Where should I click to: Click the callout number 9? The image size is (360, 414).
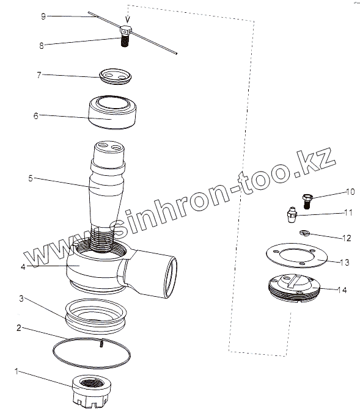(x=43, y=16)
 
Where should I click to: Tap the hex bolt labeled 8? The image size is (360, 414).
(x=125, y=36)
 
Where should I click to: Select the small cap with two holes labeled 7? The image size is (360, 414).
(x=116, y=76)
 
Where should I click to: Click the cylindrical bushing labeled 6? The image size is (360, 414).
(x=112, y=112)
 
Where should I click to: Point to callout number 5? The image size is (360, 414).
(x=31, y=178)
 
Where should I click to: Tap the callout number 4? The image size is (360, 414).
(x=23, y=267)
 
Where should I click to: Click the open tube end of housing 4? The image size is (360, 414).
(x=171, y=277)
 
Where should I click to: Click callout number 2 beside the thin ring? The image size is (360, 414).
(x=18, y=328)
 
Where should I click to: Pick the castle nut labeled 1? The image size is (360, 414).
(x=92, y=391)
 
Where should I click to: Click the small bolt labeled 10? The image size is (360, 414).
(x=307, y=201)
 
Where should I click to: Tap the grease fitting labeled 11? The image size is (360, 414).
(x=292, y=216)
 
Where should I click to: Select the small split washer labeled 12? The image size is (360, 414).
(x=304, y=233)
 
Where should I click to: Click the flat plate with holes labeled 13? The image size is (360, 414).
(x=296, y=256)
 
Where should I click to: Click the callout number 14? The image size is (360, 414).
(x=342, y=290)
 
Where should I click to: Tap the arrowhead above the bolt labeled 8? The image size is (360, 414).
(x=128, y=20)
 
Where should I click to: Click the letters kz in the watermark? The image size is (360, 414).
(x=316, y=161)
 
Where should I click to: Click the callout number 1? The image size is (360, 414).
(x=17, y=372)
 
